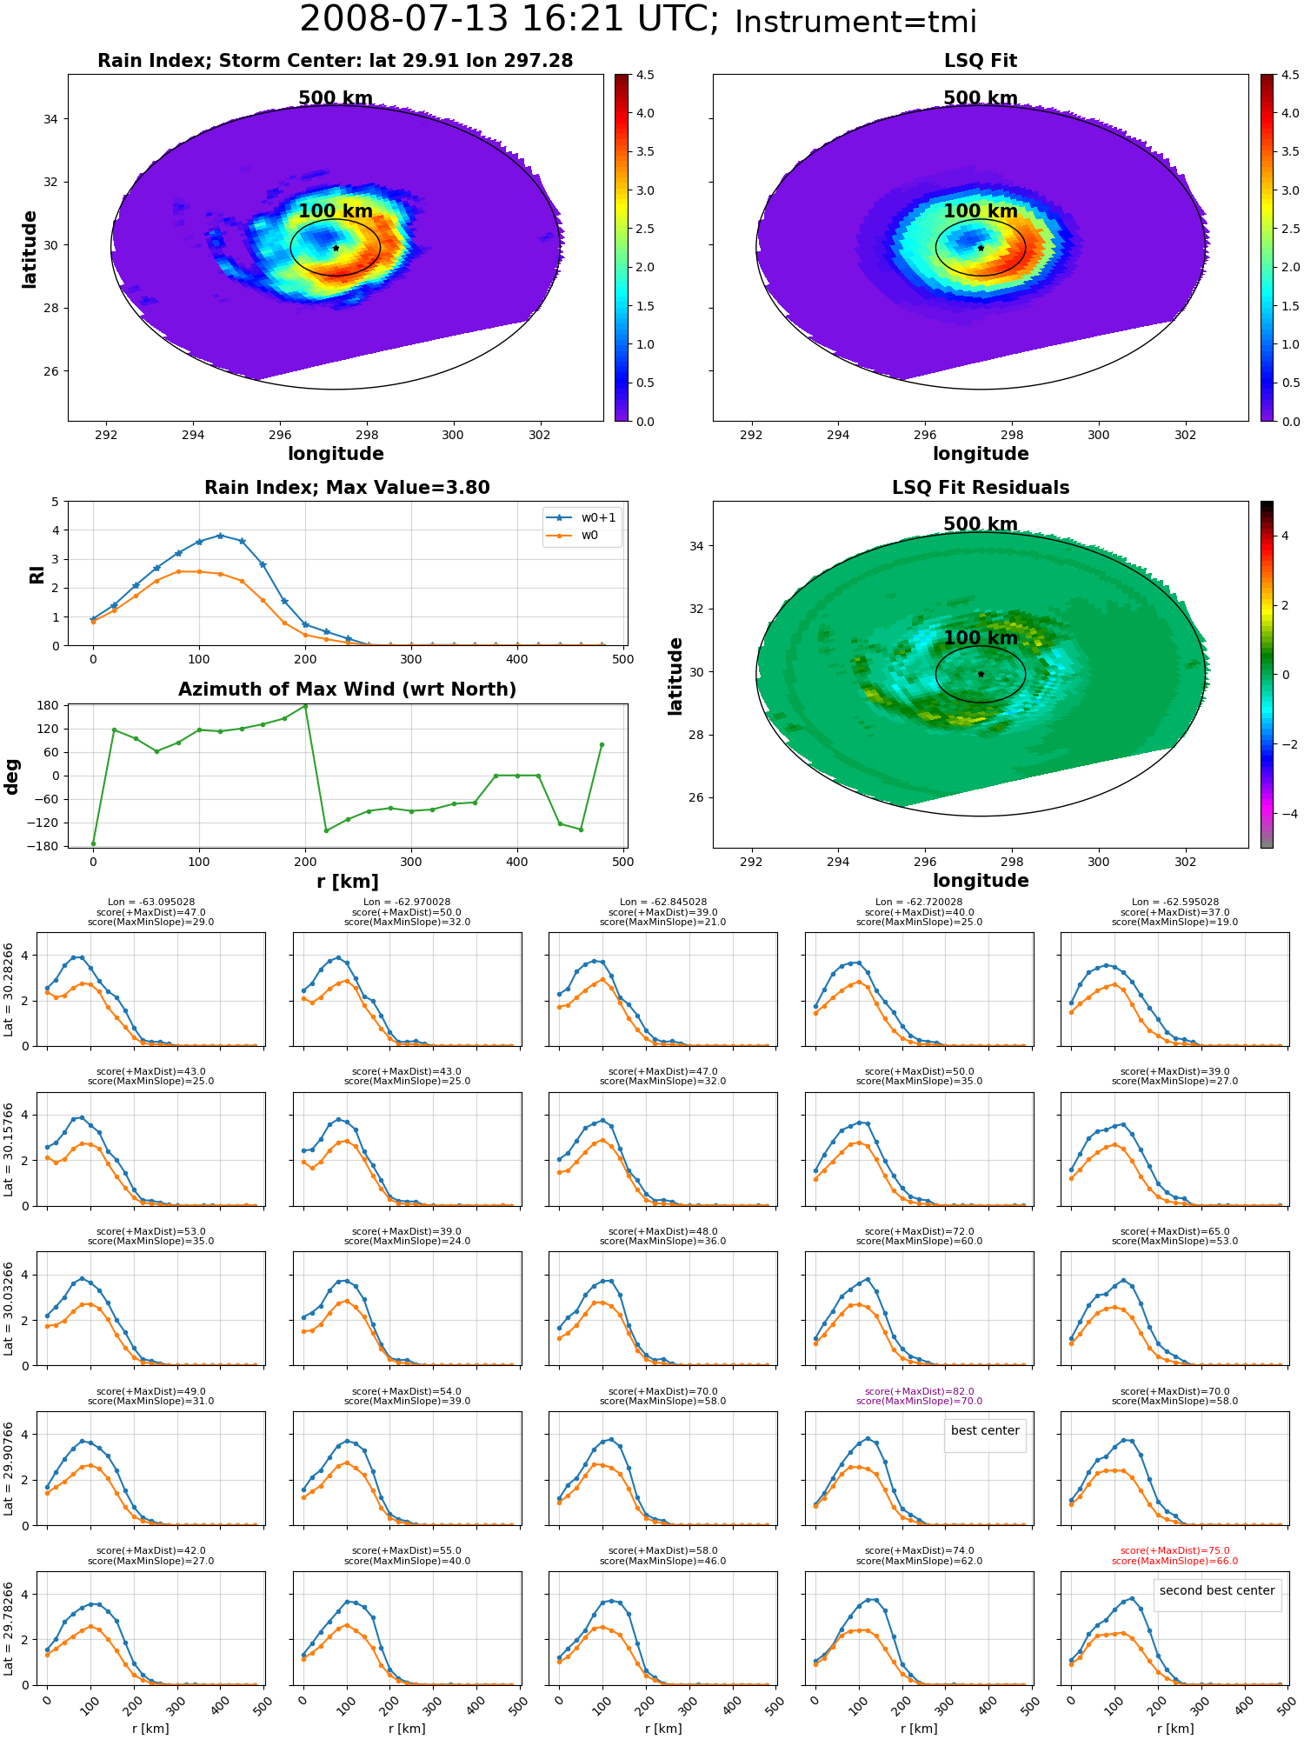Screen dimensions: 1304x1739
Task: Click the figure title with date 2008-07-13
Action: point(638,20)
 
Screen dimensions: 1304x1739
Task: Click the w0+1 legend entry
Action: point(582,517)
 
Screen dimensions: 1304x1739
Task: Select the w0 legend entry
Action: point(573,536)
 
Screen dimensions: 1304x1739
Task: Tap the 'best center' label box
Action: point(985,1430)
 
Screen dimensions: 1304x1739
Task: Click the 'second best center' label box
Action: point(1217,1590)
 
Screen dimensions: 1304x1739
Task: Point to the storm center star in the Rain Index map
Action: point(336,248)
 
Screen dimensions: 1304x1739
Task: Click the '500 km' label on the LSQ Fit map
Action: point(981,98)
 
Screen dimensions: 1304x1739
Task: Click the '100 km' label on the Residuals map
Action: point(981,637)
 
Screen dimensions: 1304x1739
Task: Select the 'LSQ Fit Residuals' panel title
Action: point(981,488)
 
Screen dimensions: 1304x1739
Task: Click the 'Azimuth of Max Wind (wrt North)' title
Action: point(347,690)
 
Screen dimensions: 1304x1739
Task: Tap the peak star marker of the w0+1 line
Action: point(220,536)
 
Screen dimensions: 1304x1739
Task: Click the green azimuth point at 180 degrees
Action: point(305,706)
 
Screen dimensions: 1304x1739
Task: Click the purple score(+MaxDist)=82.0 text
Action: point(919,1391)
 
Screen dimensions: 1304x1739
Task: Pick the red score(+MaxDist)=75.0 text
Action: point(1174,1550)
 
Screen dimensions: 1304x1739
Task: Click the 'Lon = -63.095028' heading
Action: point(150,903)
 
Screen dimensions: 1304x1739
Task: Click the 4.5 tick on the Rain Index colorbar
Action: point(645,75)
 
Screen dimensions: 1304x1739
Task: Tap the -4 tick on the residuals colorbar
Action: point(1285,814)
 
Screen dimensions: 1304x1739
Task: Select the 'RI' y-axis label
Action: point(37,574)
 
